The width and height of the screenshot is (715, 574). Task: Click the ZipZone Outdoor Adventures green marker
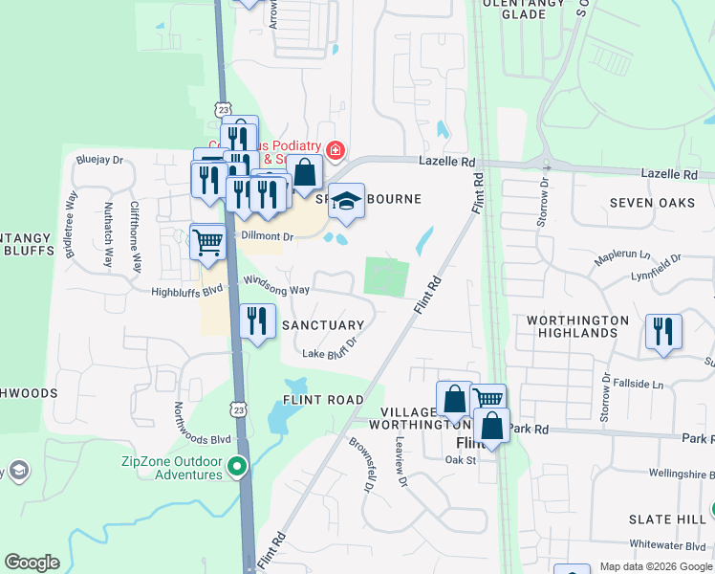(238, 468)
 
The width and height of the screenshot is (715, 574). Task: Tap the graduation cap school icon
(346, 202)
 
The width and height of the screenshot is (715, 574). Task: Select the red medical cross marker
(335, 150)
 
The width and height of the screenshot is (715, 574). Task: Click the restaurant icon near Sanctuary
(255, 320)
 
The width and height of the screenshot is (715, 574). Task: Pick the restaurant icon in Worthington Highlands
(662, 331)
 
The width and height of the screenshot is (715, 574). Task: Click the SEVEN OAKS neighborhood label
(652, 203)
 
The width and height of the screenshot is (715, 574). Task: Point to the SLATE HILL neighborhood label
(668, 519)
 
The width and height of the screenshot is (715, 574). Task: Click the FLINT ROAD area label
(323, 400)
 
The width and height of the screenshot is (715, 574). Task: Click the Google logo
(32, 563)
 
